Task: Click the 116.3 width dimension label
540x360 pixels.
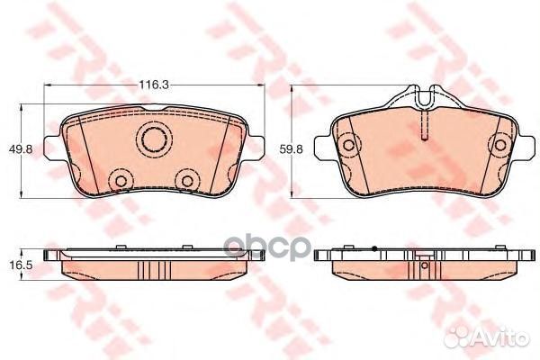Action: click(154, 85)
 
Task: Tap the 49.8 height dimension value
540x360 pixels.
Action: click(21, 149)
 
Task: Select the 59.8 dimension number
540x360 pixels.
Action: click(292, 149)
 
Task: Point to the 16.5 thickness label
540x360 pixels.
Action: click(21, 265)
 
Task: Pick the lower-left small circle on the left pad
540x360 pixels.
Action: click(121, 181)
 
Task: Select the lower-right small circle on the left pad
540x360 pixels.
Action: click(187, 181)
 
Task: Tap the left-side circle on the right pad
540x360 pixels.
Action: click(348, 145)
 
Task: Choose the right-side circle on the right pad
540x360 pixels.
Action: click(500, 145)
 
